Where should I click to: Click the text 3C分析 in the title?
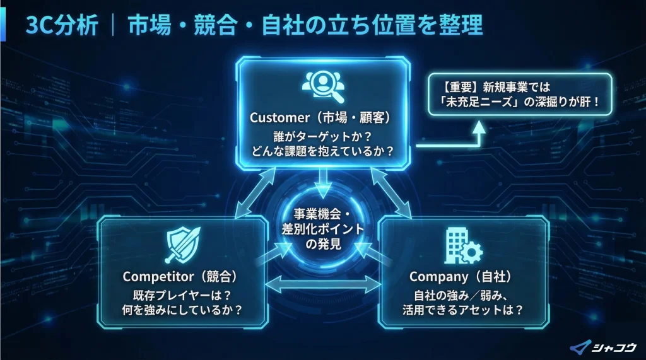click(62, 25)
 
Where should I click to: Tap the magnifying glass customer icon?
click(322, 87)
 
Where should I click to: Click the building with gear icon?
click(462, 246)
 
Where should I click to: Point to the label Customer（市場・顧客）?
click(322, 117)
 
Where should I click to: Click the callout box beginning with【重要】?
click(519, 93)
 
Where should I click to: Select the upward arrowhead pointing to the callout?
click(479, 124)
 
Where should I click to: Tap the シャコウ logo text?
click(613, 345)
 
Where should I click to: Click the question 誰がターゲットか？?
click(322, 135)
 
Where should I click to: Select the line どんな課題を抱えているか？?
click(322, 152)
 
